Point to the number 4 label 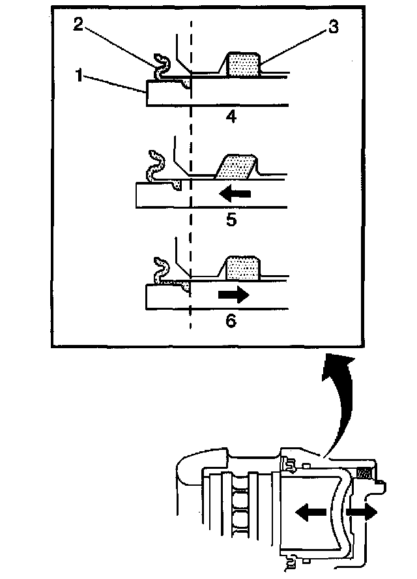pyautogui.click(x=231, y=118)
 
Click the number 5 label pyautogui.click(x=231, y=220)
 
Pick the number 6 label pyautogui.click(x=231, y=321)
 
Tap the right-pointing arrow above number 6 pyautogui.click(x=233, y=295)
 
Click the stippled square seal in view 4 pyautogui.click(x=242, y=65)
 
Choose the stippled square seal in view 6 pyautogui.click(x=242, y=267)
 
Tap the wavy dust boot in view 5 pyautogui.click(x=155, y=166)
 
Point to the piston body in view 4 pyautogui.click(x=235, y=94)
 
